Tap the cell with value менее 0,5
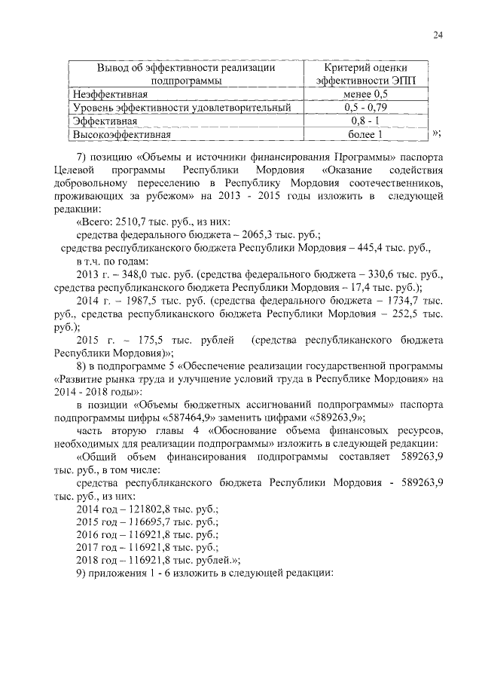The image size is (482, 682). (365, 95)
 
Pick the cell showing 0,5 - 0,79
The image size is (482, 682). (365, 109)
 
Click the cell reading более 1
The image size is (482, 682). (365, 135)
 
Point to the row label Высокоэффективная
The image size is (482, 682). (121, 135)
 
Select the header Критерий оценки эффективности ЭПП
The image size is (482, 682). (365, 74)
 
